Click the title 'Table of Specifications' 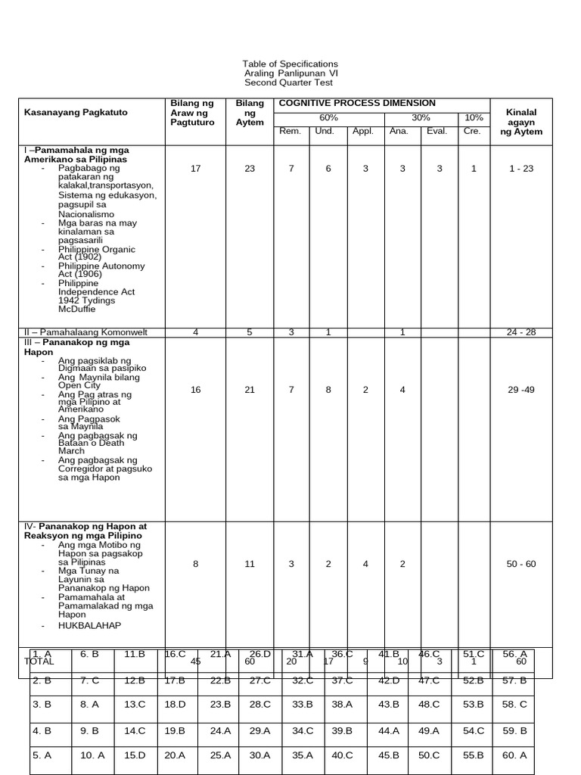coord(290,64)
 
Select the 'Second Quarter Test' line coord(290,82)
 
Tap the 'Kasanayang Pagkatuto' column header coord(76,112)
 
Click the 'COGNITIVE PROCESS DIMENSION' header coord(357,103)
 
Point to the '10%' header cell coord(474,118)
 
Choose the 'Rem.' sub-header coord(290,131)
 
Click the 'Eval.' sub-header coord(437,131)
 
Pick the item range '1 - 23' coord(521,169)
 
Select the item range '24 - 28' coord(521,332)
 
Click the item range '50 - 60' coord(521,564)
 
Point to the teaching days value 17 coord(195,169)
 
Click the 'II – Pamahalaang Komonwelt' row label coord(85,332)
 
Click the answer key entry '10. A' coord(92,755)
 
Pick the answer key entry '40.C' coord(343,755)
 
